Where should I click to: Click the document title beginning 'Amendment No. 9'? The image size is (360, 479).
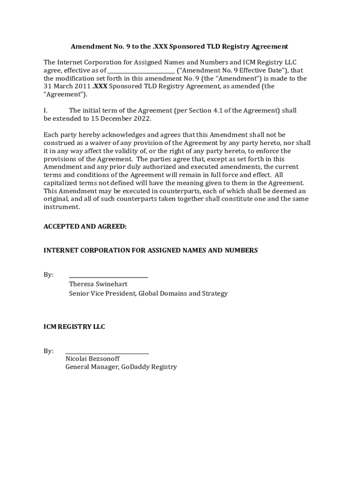179,47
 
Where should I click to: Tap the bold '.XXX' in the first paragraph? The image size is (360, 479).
100,87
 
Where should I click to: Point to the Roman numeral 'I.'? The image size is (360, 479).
45,111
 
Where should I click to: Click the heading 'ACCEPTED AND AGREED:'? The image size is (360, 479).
85,226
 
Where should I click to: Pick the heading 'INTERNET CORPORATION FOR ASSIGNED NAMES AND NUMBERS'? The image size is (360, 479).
151,251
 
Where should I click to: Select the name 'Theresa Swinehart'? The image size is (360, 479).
98,284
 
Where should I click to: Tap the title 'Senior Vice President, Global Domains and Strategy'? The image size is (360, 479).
148,294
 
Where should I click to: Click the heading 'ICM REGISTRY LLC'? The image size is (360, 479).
74,327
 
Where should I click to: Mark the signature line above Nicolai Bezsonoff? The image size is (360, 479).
107,353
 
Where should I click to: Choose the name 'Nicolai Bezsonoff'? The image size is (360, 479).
93,359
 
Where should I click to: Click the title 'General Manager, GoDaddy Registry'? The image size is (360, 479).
121,367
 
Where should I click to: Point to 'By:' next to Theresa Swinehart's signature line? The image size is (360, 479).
49,275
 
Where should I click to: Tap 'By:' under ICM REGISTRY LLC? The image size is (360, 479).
49,351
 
